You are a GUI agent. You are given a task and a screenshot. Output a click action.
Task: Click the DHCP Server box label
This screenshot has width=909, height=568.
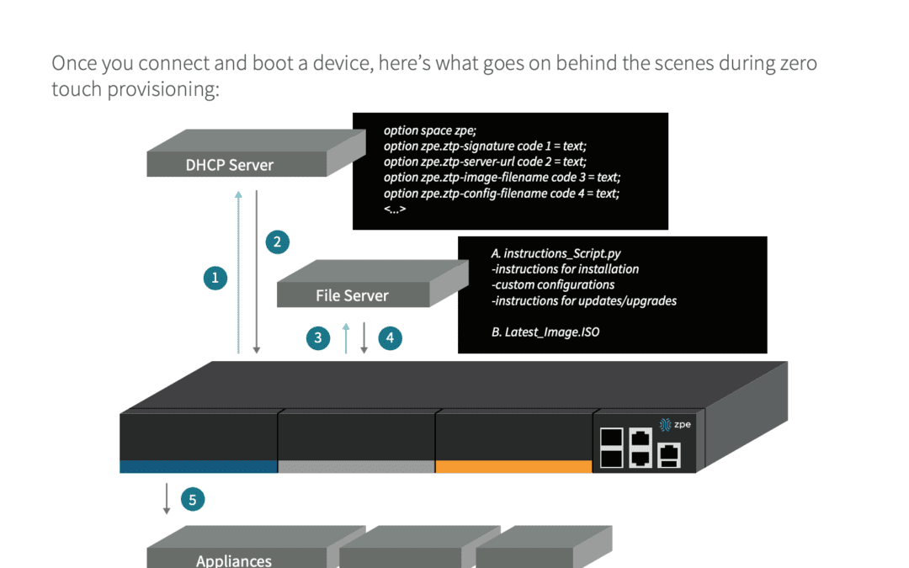tap(229, 165)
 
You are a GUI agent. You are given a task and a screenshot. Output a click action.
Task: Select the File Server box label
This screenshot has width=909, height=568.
tap(352, 295)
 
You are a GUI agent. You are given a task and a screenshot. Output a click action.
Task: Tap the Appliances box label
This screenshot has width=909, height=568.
tap(234, 560)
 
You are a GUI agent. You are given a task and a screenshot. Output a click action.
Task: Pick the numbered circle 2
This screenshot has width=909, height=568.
tap(278, 242)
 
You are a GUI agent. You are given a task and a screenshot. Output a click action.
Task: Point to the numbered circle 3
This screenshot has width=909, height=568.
tap(318, 338)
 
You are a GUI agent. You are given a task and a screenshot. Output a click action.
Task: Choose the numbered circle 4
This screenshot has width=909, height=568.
tap(390, 338)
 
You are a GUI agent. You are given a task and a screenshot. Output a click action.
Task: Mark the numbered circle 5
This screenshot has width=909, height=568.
tap(192, 500)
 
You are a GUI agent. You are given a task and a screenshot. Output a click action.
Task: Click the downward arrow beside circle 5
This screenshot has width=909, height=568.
tap(167, 498)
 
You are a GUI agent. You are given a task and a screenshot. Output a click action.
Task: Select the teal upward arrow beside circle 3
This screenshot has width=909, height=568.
tap(346, 337)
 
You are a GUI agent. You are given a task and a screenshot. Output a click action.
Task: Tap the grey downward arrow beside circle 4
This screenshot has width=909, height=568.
tap(364, 337)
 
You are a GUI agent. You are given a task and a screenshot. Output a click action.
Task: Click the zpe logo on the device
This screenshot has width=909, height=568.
tap(675, 424)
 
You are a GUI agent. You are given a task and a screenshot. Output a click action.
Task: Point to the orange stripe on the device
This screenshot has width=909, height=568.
tap(513, 466)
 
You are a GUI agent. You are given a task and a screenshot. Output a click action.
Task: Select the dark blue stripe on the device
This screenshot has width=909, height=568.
tap(198, 466)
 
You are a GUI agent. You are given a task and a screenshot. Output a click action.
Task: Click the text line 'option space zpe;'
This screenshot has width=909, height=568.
tap(429, 130)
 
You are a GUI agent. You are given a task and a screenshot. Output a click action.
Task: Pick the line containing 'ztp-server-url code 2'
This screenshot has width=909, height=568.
tap(484, 162)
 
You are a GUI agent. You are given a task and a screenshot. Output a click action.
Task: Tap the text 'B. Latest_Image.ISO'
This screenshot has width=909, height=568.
tap(545, 332)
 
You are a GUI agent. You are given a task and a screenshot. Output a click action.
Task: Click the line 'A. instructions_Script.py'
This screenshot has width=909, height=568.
tap(555, 253)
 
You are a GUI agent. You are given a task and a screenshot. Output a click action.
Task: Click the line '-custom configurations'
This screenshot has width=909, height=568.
tap(553, 284)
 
